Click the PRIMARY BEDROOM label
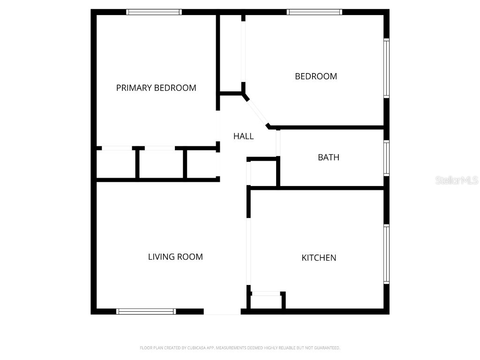click(156, 88)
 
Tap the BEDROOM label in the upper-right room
click(316, 76)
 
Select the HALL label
click(244, 136)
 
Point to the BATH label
click(329, 157)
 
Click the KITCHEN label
click(319, 258)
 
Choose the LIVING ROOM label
click(175, 257)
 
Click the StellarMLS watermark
click(457, 180)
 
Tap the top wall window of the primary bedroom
click(154, 12)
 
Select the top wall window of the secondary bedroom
click(315, 12)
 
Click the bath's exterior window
click(387, 158)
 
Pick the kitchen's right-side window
click(387, 254)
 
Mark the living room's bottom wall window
click(146, 311)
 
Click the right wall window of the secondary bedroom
click(387, 68)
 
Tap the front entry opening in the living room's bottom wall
click(222, 311)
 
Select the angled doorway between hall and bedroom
click(257, 111)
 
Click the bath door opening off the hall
click(278, 142)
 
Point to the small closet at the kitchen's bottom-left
click(267, 301)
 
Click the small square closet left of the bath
click(263, 174)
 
